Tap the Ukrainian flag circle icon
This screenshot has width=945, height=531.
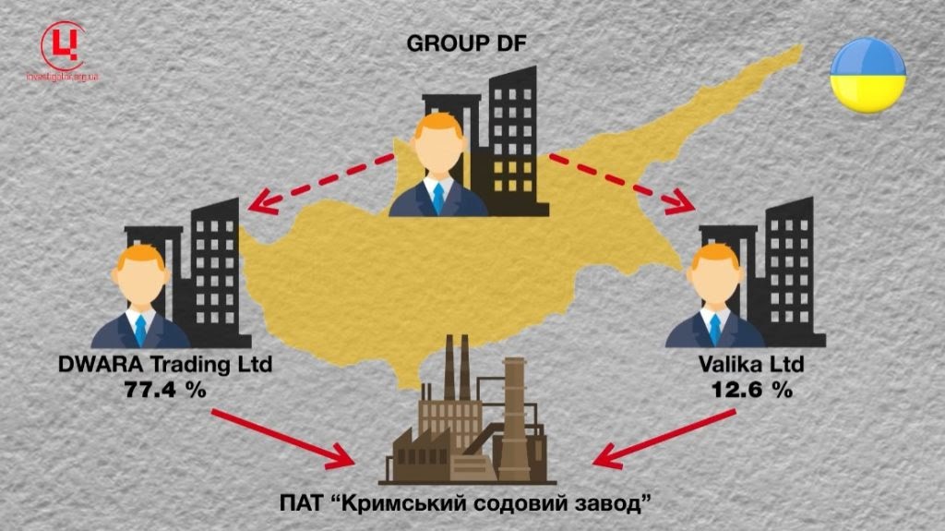click(x=867, y=75)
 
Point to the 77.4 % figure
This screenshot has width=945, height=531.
click(x=165, y=390)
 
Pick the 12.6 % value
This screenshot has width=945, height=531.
click(x=752, y=390)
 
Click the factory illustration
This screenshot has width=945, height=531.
click(x=472, y=425)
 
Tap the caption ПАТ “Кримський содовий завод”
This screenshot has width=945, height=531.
click(x=472, y=505)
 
